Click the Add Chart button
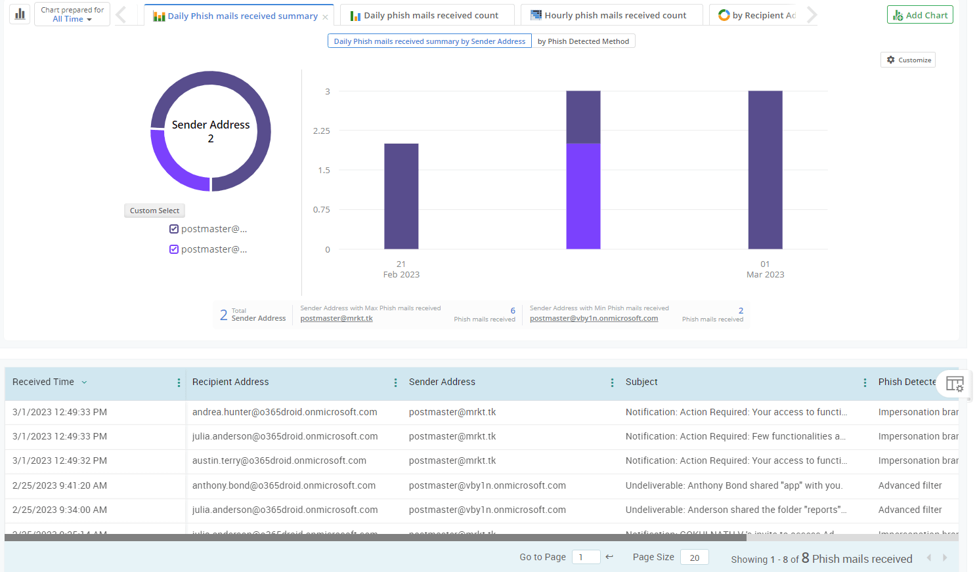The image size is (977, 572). [920, 15]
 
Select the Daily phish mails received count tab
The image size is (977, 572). [426, 15]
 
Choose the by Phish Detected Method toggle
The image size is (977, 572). [583, 41]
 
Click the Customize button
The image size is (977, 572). [908, 60]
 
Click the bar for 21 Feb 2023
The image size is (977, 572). [401, 197]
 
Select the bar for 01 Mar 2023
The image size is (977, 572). [765, 171]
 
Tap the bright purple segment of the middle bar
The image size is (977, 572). [583, 197]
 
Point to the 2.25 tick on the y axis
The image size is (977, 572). [322, 131]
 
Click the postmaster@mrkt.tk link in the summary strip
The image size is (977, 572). [336, 319]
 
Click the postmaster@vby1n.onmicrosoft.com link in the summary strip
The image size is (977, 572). [594, 319]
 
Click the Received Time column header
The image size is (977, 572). [43, 382]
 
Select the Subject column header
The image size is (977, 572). [641, 382]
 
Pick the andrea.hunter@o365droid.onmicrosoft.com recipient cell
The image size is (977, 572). [284, 412]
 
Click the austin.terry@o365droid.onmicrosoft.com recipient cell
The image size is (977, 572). [279, 460]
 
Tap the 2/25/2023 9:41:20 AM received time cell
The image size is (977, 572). [60, 485]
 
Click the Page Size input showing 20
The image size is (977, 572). [694, 558]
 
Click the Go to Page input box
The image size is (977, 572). [586, 558]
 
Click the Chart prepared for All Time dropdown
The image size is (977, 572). [72, 14]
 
